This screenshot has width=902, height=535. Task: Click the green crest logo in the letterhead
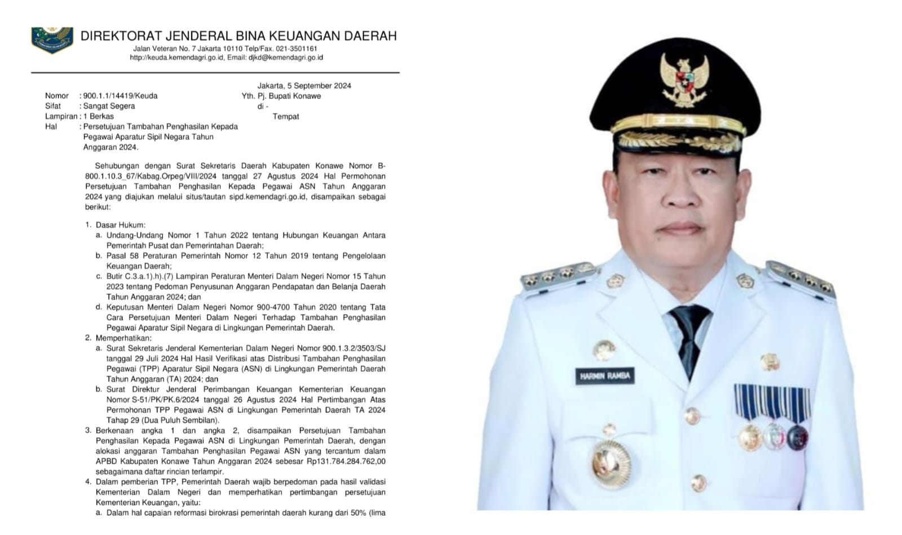(x=52, y=39)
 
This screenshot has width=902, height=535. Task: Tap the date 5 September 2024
(x=319, y=86)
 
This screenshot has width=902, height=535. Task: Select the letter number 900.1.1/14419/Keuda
(x=120, y=96)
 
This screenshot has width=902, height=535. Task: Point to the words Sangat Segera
(x=109, y=106)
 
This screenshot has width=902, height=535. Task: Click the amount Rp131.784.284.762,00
(x=342, y=461)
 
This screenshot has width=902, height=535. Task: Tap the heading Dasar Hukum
(x=120, y=225)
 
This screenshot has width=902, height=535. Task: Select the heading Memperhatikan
(x=123, y=338)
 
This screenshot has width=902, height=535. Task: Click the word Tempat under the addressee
(x=286, y=117)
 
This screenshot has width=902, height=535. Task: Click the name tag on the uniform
(x=605, y=376)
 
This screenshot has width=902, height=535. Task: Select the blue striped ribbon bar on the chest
(x=771, y=401)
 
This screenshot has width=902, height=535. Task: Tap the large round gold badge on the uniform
(x=611, y=463)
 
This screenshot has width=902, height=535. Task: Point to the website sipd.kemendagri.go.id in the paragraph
(x=267, y=197)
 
